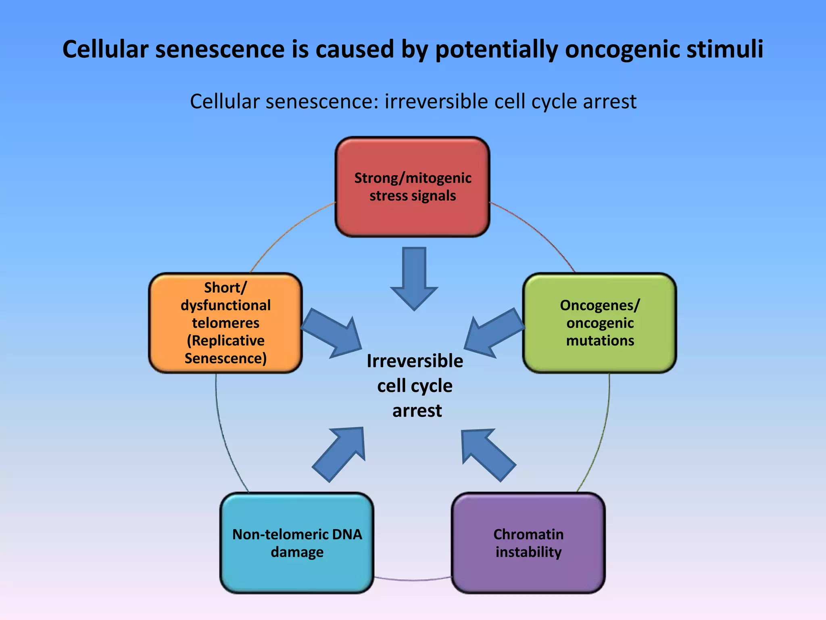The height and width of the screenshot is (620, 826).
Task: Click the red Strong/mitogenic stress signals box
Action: click(412, 186)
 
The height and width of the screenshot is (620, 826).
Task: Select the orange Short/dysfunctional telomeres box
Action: click(225, 323)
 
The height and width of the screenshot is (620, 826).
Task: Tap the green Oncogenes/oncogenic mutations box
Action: click(599, 323)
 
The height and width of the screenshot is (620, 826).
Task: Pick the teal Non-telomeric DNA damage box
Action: click(297, 543)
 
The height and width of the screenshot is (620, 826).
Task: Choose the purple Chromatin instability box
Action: click(528, 543)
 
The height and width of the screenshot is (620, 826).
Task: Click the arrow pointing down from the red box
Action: click(414, 279)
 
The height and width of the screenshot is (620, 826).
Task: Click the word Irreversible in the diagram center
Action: click(415, 361)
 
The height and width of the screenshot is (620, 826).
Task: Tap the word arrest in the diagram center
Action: click(417, 411)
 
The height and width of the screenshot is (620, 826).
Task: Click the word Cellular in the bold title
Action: click(105, 49)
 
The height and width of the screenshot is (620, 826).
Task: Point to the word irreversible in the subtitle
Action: click(436, 101)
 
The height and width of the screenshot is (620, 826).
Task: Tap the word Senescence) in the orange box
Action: click(225, 358)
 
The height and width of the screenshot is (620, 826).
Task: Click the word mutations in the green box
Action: click(600, 341)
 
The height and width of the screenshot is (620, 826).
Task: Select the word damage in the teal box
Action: click(297, 552)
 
